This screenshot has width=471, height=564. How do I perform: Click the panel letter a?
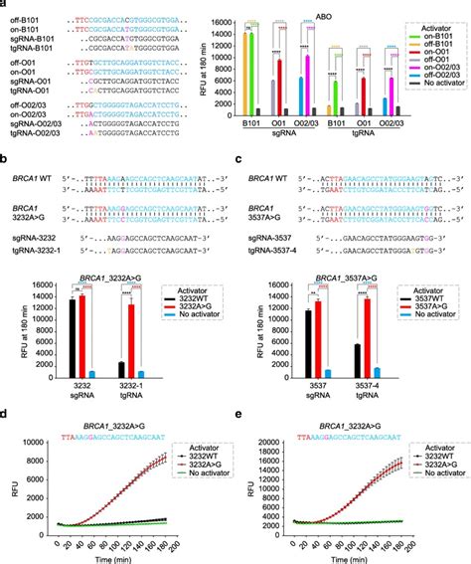coord(4,5)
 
